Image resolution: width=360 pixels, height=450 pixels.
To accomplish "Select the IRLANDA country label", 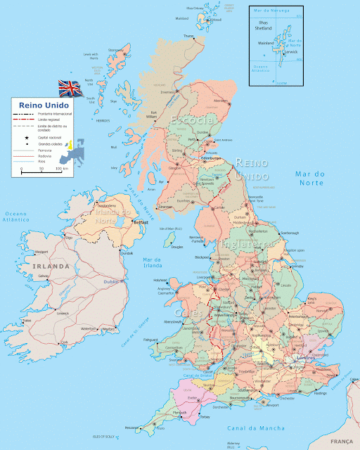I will (x=51, y=266).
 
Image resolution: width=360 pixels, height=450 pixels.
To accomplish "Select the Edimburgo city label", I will (x=211, y=158).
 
